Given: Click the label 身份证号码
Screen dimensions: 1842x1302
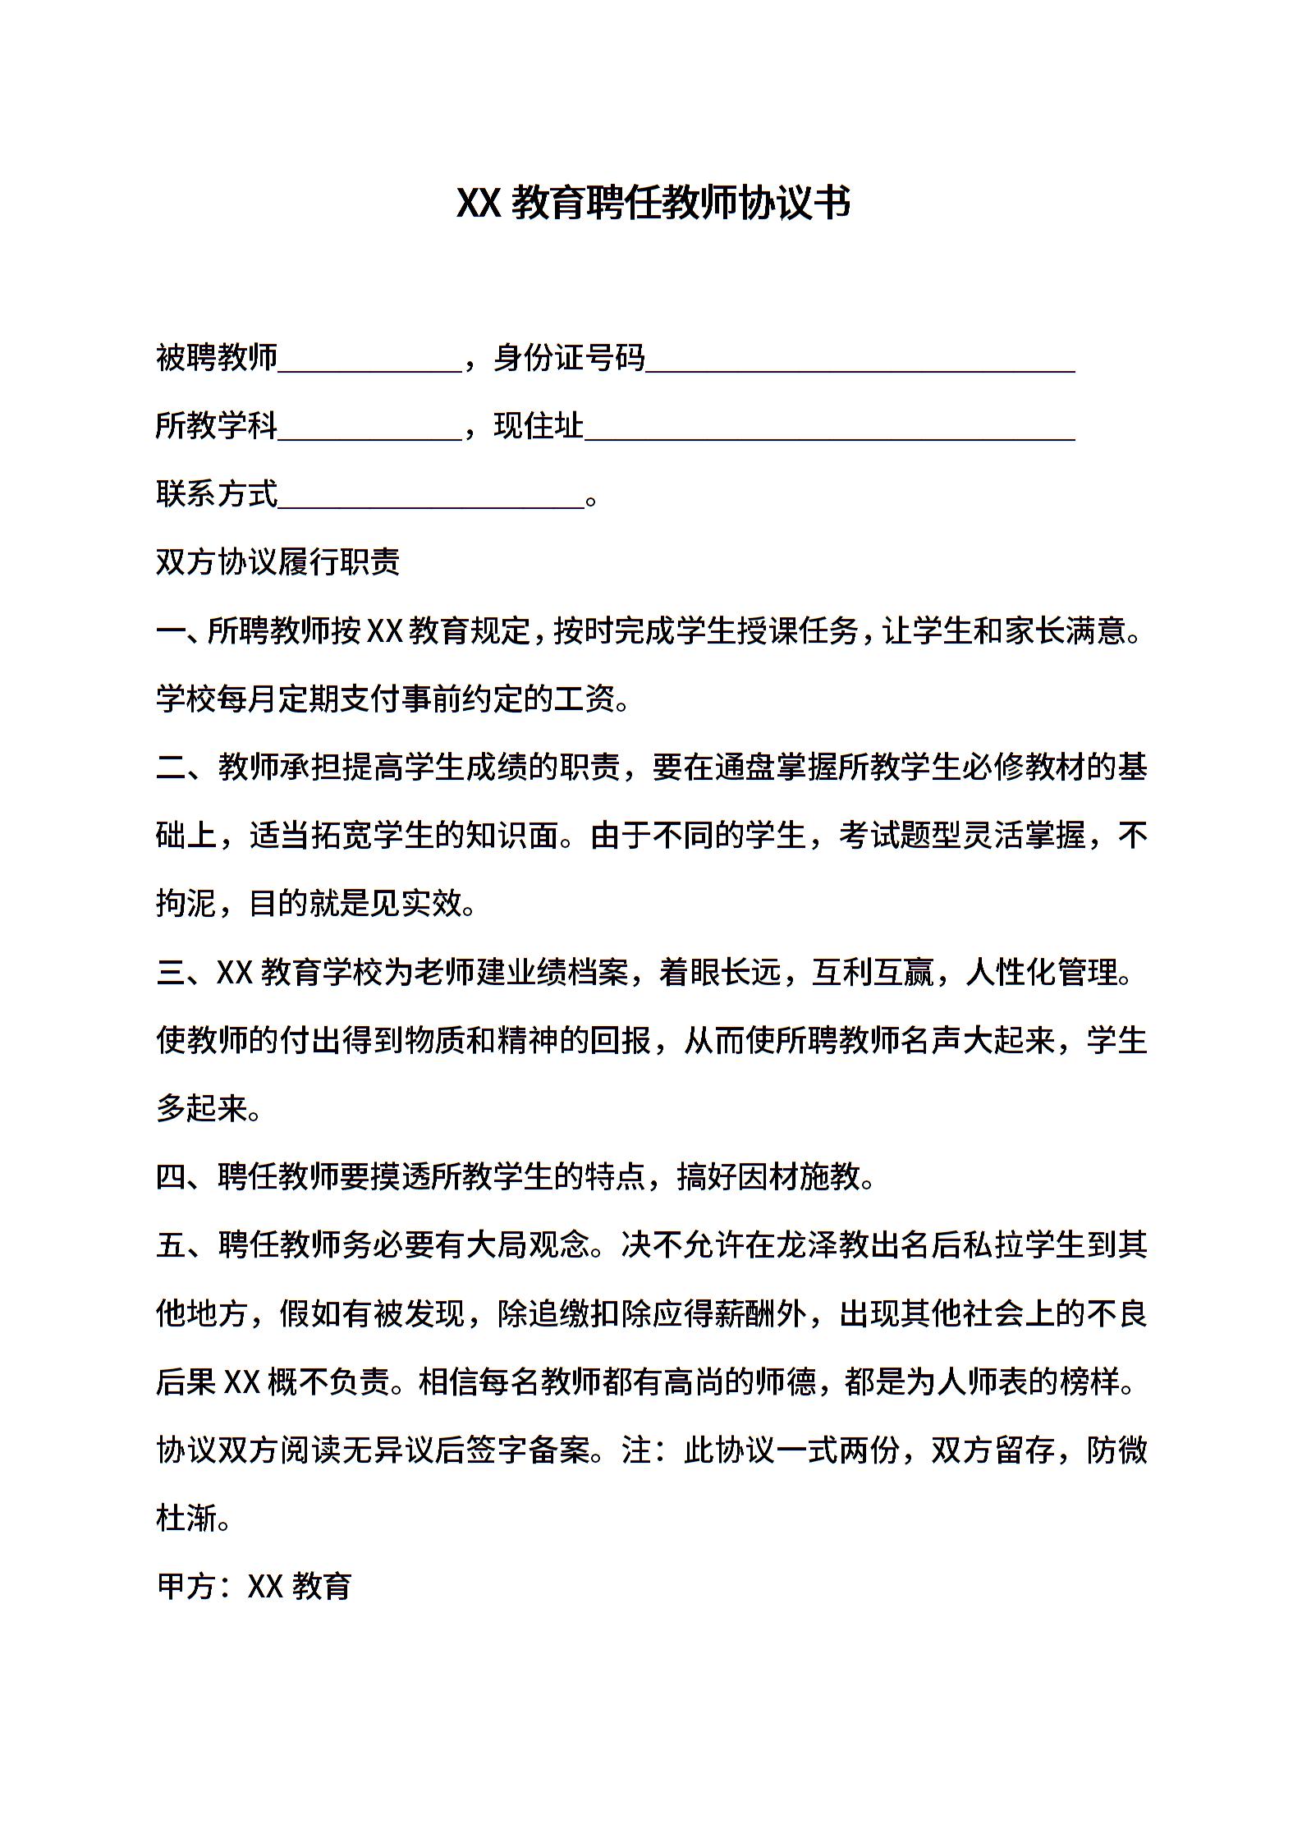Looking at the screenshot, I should coord(569,358).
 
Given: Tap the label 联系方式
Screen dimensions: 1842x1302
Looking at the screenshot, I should coord(217,494).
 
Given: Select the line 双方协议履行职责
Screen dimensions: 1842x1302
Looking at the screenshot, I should coord(277,562).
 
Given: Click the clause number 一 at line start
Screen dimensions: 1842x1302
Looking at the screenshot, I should coord(171,631).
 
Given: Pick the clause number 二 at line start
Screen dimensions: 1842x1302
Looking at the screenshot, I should coord(171,767).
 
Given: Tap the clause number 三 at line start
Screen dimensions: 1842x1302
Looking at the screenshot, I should coord(171,973).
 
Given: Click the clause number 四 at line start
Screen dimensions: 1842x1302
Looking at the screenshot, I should coord(171,1177).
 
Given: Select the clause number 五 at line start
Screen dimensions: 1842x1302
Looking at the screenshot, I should coord(171,1245).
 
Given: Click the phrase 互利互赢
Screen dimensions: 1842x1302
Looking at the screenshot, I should coord(873,973).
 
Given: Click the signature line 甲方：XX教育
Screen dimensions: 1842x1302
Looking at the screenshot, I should coord(254,1586).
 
